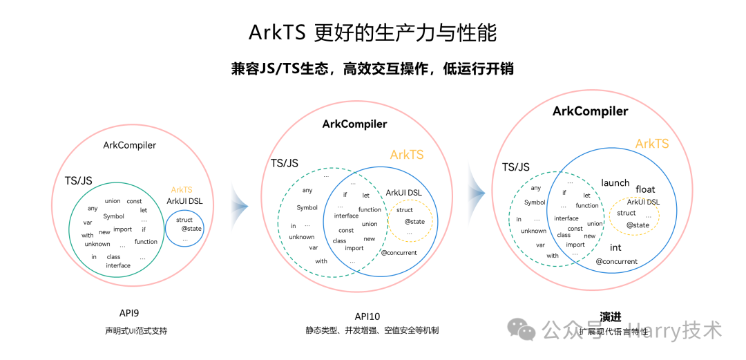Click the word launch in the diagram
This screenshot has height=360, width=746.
click(615, 183)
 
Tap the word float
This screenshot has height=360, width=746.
click(645, 189)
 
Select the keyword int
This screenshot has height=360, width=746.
click(615, 247)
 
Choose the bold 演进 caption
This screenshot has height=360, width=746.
click(611, 317)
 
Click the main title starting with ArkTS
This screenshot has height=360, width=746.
click(372, 32)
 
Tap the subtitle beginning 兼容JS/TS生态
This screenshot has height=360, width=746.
click(372, 69)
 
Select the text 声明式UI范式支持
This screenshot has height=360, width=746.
click(131, 331)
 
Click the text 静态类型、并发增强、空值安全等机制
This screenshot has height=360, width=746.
click(372, 331)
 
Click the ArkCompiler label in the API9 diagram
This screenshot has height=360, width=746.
click(129, 145)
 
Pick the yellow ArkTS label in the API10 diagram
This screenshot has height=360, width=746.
click(407, 155)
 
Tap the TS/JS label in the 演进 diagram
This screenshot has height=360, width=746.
click(515, 167)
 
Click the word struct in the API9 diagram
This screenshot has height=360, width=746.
click(184, 220)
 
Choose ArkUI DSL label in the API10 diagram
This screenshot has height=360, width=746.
click(404, 193)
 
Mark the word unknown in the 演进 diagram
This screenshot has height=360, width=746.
click(533, 231)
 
